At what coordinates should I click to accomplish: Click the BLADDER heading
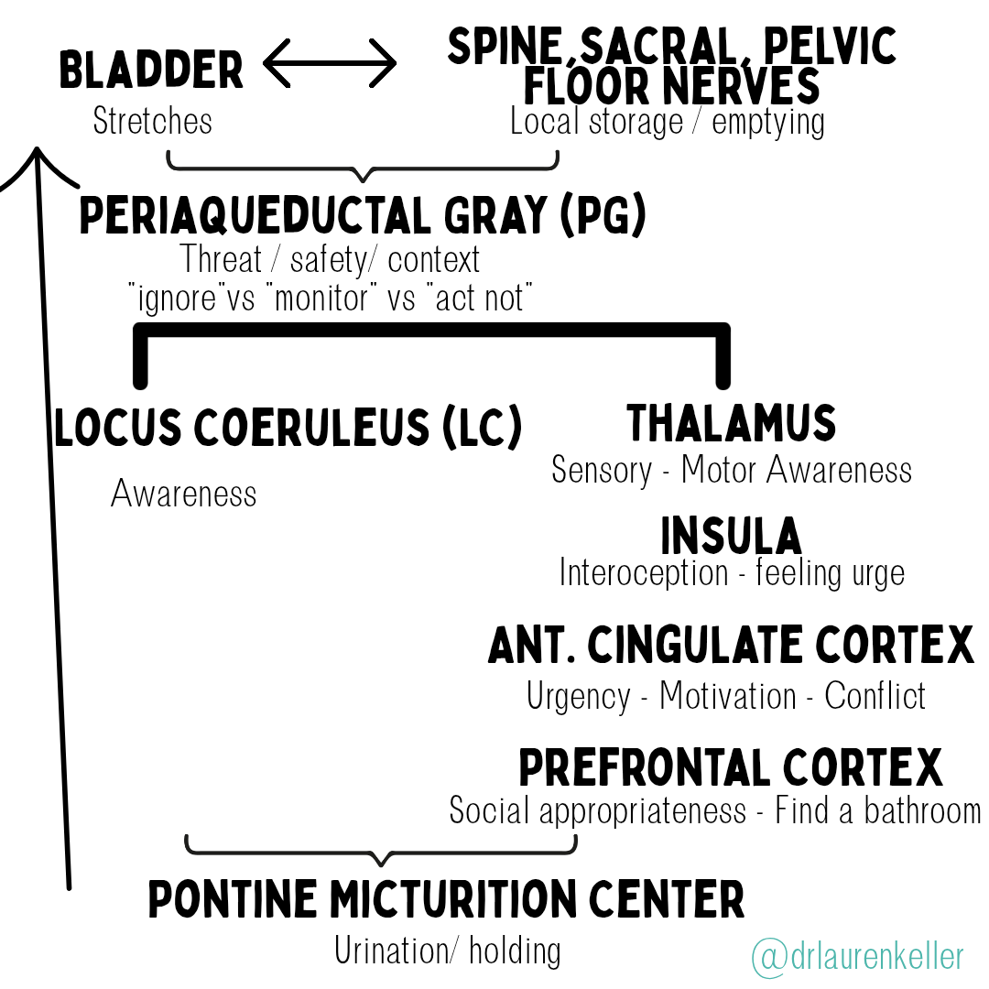point(151,71)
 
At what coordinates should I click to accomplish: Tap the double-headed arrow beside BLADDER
point(330,64)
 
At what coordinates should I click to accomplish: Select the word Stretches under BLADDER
point(153,121)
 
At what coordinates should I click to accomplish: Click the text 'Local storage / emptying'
point(667,121)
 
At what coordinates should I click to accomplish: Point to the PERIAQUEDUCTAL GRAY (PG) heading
point(363,216)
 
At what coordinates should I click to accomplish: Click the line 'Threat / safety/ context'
point(330,260)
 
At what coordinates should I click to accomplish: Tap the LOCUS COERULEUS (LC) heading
point(288,429)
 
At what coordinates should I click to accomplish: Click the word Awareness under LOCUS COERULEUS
point(184,494)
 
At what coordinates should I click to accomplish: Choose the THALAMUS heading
point(731,424)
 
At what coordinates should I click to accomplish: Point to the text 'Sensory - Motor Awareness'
point(731,470)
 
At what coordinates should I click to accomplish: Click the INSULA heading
point(731,536)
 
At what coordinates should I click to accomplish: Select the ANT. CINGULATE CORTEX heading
point(731,647)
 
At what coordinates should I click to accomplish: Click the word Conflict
point(875,696)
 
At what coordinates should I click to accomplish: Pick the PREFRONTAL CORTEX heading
point(731,768)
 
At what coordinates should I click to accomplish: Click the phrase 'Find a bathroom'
point(877,810)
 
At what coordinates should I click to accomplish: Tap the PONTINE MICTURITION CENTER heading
point(446,899)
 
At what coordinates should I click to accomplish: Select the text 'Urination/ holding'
point(447,951)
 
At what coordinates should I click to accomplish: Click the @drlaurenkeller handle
point(858,957)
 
